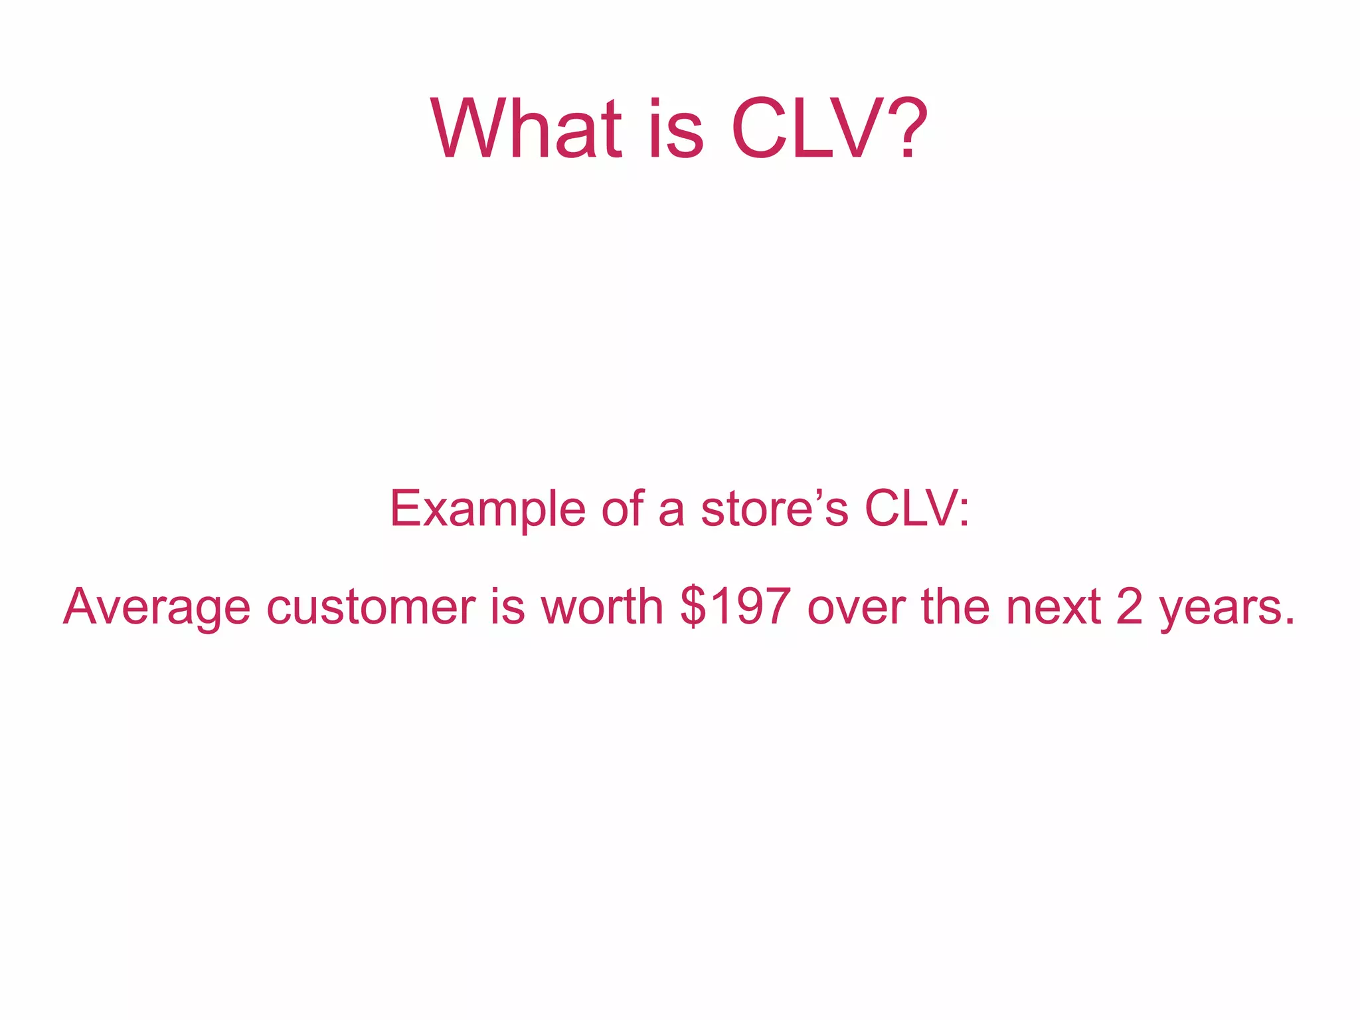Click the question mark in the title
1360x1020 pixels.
pos(905,129)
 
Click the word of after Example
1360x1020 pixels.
pos(622,508)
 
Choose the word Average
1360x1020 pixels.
pos(157,607)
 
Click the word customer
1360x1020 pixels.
pos(371,607)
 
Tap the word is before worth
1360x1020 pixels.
pos(507,607)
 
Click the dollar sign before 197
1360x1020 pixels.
pos(693,607)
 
